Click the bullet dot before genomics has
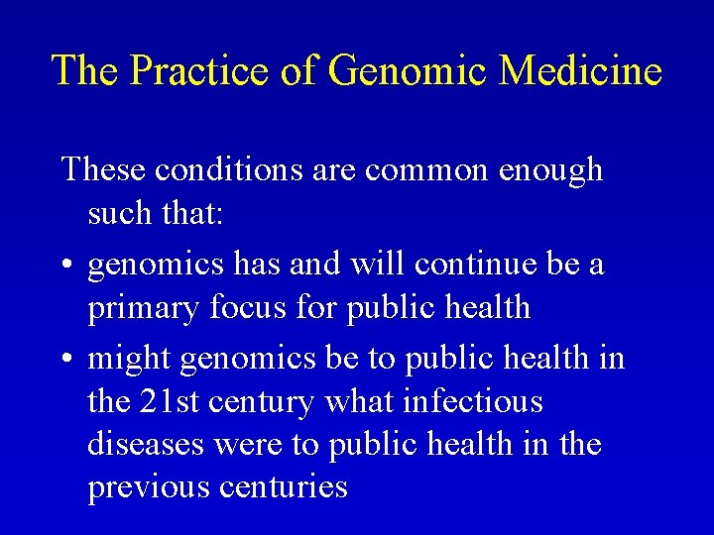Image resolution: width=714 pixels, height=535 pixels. coord(67,266)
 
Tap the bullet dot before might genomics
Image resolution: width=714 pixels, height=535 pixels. coord(67,357)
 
